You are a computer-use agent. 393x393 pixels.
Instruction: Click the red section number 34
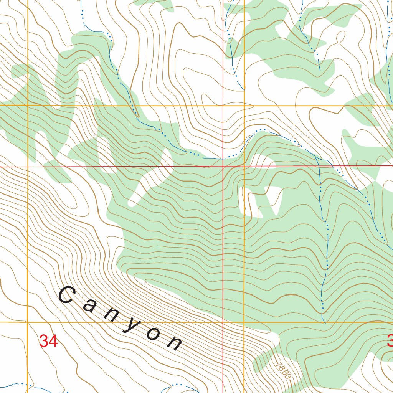coord(48,341)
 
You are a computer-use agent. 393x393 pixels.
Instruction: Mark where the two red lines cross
coord(223,166)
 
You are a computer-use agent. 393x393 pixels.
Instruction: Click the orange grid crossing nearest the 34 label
coord(28,322)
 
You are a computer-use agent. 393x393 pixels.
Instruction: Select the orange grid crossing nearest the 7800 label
coord(244,322)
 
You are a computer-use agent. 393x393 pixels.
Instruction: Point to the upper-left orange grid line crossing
coord(28,105)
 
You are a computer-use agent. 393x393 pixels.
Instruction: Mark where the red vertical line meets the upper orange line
coord(223,105)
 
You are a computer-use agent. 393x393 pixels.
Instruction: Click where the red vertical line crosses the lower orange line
coord(223,322)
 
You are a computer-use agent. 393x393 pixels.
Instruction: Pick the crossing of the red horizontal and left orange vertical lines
coord(28,167)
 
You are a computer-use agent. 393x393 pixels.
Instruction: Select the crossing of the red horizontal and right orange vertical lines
coord(244,166)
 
